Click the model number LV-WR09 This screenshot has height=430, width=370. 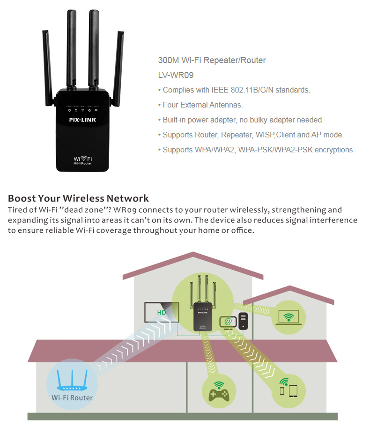[176, 75]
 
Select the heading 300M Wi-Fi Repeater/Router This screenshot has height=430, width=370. [212, 60]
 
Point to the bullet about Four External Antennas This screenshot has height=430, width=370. [202, 105]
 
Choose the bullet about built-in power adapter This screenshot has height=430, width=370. [243, 120]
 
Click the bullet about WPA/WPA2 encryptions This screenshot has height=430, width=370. [258, 150]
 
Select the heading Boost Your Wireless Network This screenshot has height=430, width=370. [78, 198]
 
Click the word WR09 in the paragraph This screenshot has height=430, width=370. [138, 210]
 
